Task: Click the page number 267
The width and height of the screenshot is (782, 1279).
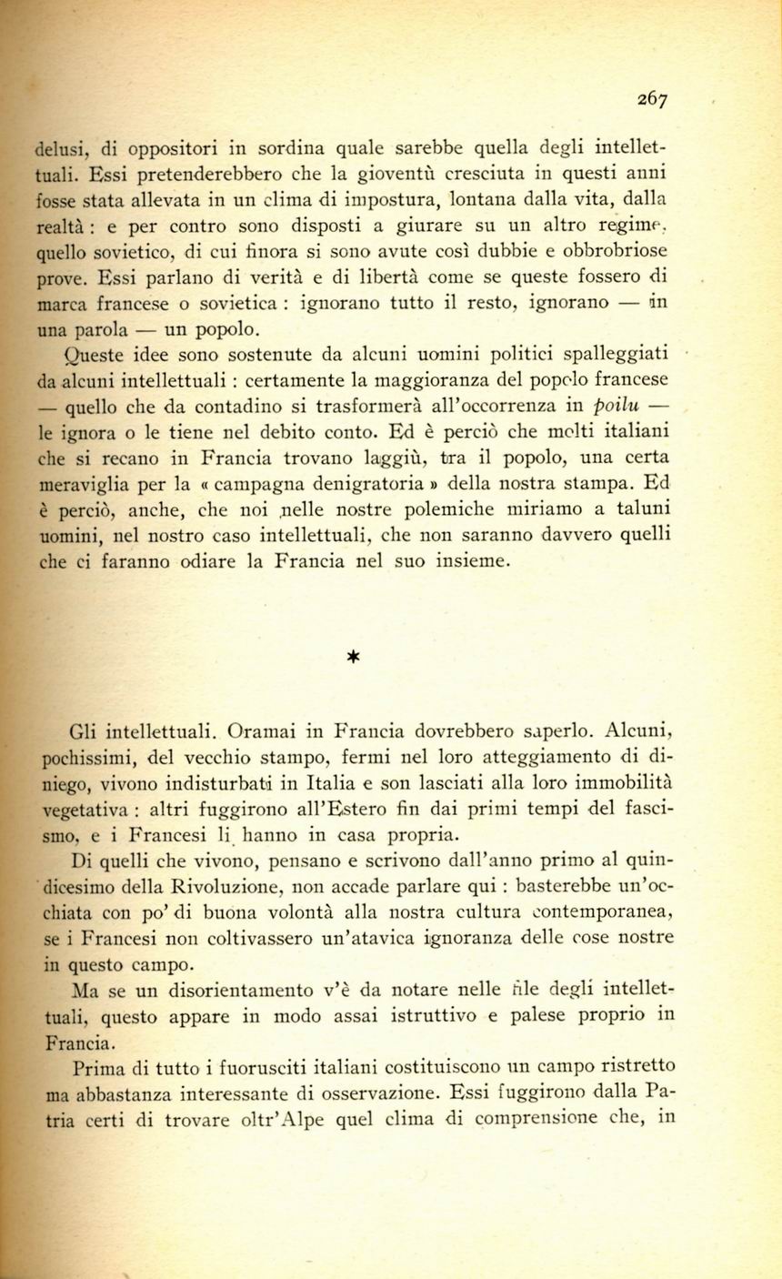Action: (x=652, y=100)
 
